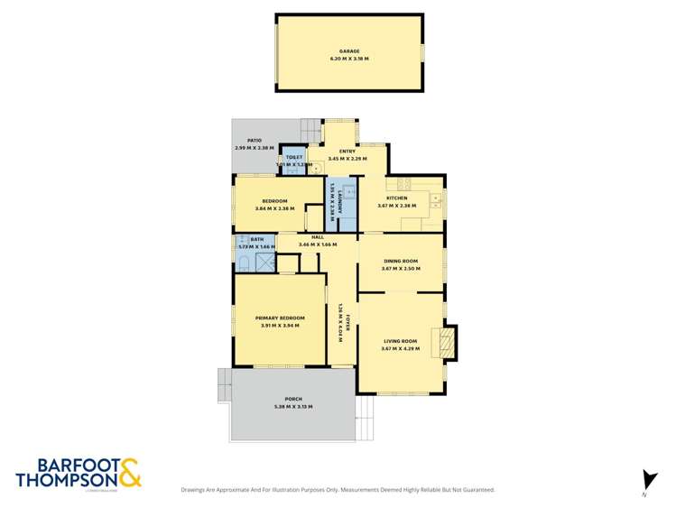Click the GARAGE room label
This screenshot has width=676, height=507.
tap(349, 51)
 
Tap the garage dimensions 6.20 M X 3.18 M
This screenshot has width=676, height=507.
tap(349, 59)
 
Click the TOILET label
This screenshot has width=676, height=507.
tap(293, 157)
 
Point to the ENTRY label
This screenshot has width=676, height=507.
tap(347, 151)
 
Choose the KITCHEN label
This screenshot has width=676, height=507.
tap(396, 198)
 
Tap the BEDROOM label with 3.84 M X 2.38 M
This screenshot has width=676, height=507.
tap(274, 200)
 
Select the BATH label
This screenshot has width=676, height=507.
tap(256, 238)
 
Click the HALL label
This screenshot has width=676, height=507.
tap(317, 236)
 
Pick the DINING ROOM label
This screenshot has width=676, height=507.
tap(400, 261)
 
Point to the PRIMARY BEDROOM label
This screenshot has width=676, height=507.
tap(280, 318)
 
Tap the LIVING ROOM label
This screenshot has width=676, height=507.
tap(400, 340)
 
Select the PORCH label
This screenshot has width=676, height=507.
tap(292, 399)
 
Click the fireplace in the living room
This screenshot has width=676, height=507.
tap(446, 340)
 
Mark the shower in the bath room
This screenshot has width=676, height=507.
tap(265, 263)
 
